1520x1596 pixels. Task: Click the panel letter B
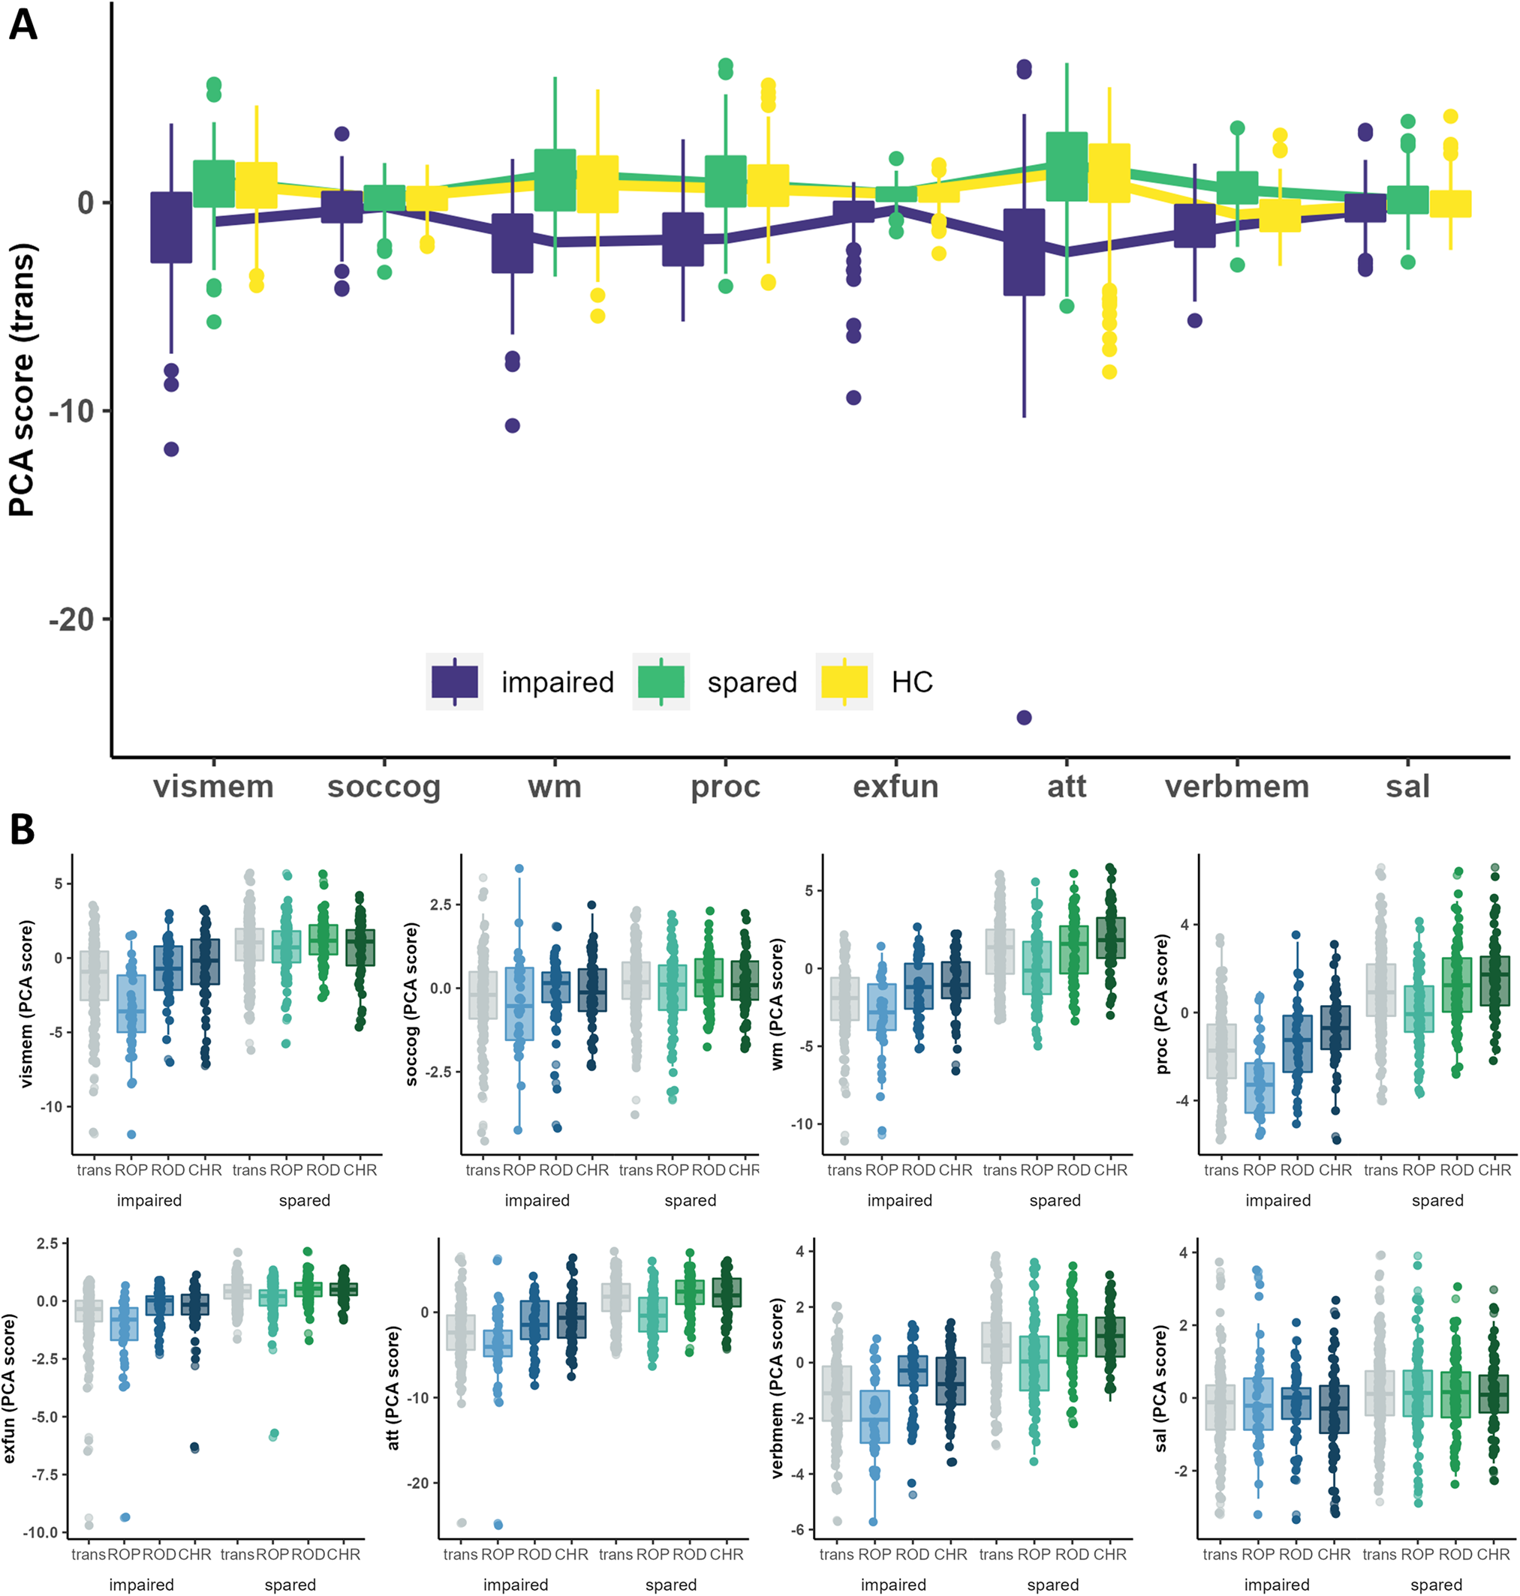tap(22, 829)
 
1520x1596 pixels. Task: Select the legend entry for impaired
tap(558, 682)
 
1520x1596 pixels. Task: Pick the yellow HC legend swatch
tap(844, 681)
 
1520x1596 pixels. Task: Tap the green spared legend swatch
tap(661, 681)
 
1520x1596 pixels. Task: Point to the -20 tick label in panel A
tap(71, 619)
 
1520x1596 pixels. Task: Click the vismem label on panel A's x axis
tap(213, 786)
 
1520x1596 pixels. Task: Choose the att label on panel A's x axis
tap(1067, 786)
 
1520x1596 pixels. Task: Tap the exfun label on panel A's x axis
tap(895, 786)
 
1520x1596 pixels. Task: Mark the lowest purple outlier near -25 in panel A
tap(1024, 718)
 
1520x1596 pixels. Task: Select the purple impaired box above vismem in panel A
tap(171, 227)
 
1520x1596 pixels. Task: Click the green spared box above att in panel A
tap(1067, 166)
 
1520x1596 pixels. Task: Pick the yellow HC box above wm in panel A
tap(597, 184)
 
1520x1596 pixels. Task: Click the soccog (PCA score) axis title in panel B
tap(411, 1004)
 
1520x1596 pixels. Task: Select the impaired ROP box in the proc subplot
tap(1259, 1087)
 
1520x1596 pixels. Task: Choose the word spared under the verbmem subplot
tap(1052, 1585)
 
